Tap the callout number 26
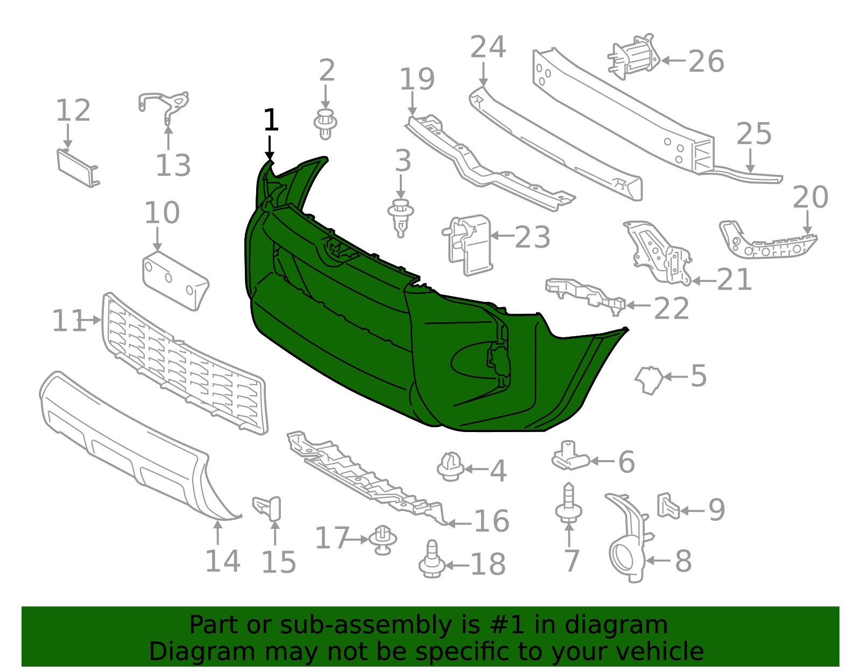706,61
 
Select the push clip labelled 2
325,123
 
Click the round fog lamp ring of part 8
624,557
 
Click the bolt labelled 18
432,561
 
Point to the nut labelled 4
450,466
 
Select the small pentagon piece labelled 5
650,379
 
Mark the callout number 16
491,521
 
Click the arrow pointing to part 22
638,305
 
